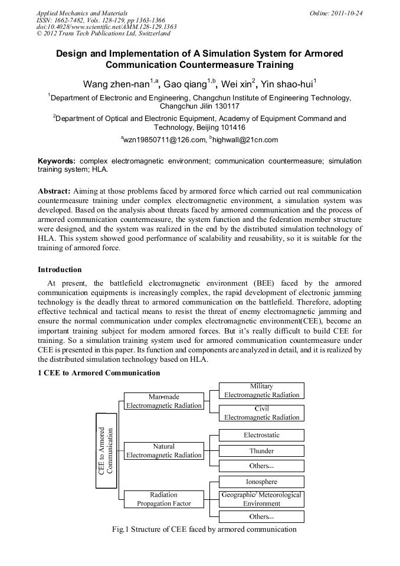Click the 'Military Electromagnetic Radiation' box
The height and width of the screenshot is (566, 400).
261,391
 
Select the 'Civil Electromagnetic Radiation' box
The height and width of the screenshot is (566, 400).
261,413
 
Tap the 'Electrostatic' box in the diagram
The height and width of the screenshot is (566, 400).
261,435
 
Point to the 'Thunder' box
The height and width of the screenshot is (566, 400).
261,451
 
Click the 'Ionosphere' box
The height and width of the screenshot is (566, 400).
261,482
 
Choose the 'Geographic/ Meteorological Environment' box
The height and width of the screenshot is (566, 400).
261,499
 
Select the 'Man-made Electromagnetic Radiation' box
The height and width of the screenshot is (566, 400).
164,401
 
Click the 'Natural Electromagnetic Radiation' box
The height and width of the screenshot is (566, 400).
164,451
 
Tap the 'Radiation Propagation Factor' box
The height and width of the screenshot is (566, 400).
164,499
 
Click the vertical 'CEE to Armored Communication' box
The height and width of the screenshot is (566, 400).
106,451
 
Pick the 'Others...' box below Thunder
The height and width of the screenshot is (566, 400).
261,466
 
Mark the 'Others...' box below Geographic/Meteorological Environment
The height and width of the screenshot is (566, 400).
261,516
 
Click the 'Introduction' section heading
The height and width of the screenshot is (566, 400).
60,270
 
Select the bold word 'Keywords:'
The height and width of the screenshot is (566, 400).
57,161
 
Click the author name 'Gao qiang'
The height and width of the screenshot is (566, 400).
185,84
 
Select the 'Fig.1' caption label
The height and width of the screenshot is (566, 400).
120,529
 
